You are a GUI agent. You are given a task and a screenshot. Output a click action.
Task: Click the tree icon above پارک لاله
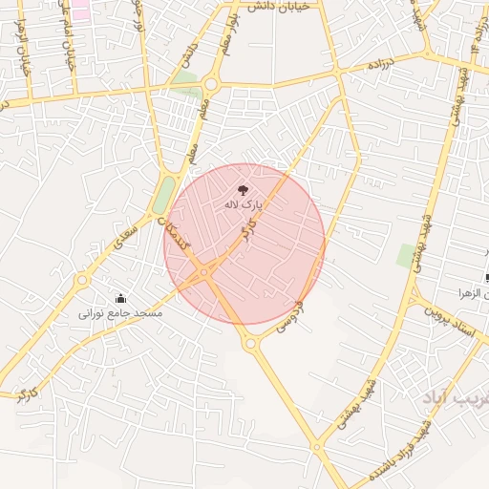[242, 191]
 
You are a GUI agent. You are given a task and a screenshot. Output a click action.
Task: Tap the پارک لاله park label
[243, 205]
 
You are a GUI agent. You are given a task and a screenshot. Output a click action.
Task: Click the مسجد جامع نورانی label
[120, 313]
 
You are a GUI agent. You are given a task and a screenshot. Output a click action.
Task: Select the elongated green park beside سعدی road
[163, 197]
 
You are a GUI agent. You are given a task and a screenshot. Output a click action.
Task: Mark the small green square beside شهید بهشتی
[407, 255]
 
